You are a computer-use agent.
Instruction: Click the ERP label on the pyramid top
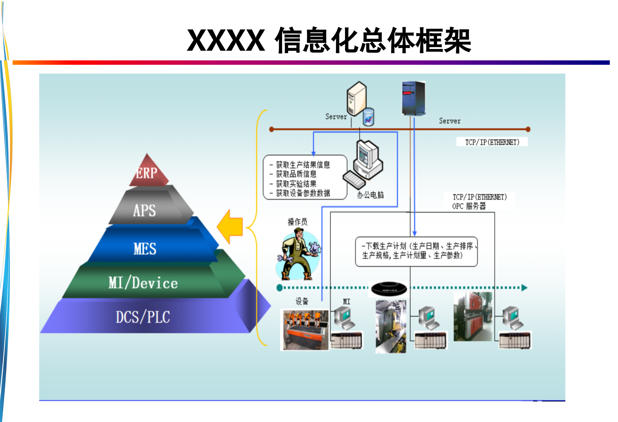pos(147,173)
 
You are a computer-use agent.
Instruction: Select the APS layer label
pos(145,210)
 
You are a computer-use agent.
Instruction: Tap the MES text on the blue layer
pos(145,249)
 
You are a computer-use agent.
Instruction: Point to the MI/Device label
pos(143,283)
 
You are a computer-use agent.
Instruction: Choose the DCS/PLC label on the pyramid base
pos(143,317)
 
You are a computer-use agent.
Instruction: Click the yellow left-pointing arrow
pos(230,227)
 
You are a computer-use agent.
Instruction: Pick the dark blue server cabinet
pos(413,98)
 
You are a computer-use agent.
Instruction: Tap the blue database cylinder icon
pos(368,117)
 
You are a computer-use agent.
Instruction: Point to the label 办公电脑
pos(370,195)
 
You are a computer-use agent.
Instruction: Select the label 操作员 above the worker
pos(298,222)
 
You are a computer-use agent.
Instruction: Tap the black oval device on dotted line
pos(389,289)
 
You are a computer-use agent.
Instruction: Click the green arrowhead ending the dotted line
pos(524,288)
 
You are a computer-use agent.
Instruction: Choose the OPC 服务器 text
pos(469,206)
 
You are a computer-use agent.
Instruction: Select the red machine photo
pos(473,316)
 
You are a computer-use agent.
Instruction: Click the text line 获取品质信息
pos(296,174)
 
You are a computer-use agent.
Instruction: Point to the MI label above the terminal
pos(346,302)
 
